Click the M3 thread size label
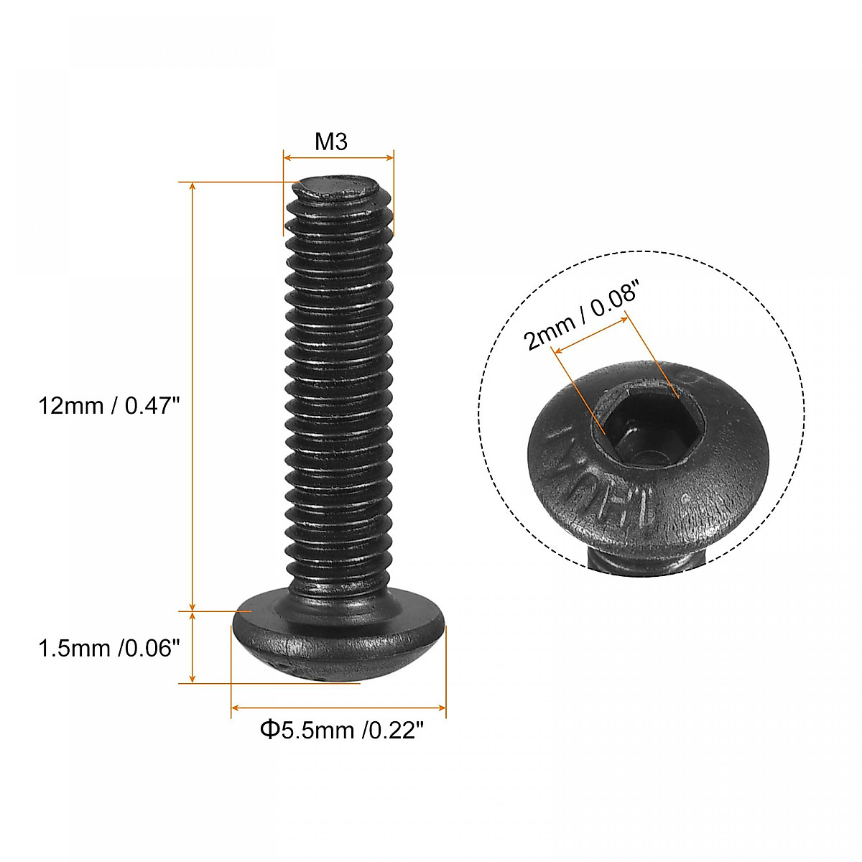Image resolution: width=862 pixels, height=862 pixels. [x=331, y=142]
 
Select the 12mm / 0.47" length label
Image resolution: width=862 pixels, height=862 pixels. [x=108, y=406]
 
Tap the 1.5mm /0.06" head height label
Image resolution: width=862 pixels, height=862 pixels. [x=108, y=649]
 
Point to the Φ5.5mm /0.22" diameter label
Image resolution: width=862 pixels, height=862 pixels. [x=341, y=731]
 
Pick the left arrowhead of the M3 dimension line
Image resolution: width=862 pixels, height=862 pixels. [x=287, y=157]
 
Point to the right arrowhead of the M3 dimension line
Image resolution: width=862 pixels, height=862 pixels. [x=390, y=157]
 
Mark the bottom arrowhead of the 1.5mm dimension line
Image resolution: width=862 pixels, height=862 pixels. [x=192, y=678]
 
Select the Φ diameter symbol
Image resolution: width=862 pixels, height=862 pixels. [x=269, y=731]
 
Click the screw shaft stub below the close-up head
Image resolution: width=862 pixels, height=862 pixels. [x=646, y=564]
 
